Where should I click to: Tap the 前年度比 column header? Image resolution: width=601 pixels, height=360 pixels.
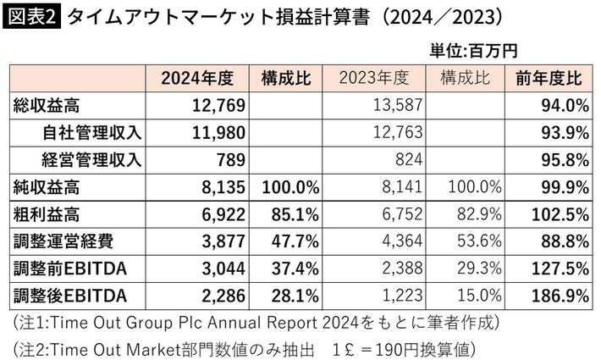click(549, 80)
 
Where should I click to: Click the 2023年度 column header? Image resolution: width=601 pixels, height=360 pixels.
click(373, 80)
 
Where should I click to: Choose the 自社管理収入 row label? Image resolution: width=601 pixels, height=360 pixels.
click(91, 132)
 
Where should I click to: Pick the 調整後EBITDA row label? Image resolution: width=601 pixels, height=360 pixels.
click(69, 296)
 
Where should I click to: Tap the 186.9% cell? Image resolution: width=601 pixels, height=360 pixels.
click(560, 296)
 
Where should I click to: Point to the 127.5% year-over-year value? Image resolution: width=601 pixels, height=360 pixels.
click(560, 269)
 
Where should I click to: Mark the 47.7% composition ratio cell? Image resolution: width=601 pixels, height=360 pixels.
click(295, 241)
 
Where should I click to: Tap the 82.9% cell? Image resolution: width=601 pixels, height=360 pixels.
click(473, 214)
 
